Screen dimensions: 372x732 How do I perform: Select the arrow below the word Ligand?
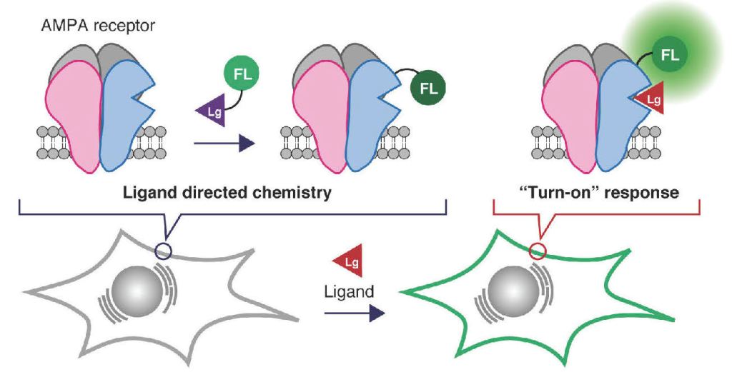pyautogui.click(x=350, y=313)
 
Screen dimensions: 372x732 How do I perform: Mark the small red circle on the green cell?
pyautogui.click(x=539, y=251)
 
